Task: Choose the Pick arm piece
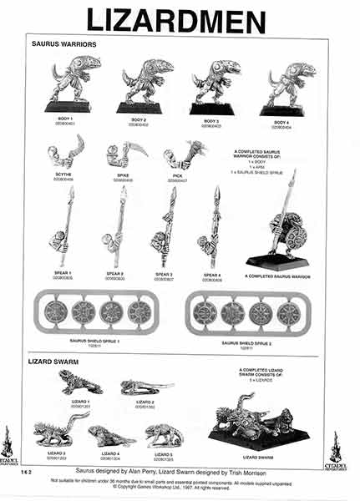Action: pyautogui.click(x=183, y=156)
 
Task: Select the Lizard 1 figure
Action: pyautogui.click(x=80, y=383)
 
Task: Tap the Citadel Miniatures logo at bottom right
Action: pyautogui.click(x=336, y=448)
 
